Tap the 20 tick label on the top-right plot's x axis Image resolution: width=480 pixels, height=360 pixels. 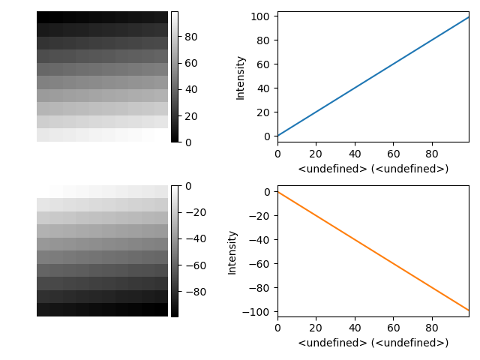[x=316, y=154]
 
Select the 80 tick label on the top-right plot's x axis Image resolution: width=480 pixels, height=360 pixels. [x=432, y=154]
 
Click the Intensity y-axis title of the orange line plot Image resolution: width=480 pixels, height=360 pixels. [x=232, y=251]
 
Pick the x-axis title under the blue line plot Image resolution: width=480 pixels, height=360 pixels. [x=373, y=169]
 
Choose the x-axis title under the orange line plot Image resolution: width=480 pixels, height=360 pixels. [x=373, y=343]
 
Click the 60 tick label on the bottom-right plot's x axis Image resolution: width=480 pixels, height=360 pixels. [x=393, y=328]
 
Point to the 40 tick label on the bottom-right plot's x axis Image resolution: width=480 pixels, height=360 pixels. [x=354, y=328]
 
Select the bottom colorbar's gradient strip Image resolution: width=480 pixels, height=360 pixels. [x=175, y=251]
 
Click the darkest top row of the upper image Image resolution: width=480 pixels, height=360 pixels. [x=102, y=17]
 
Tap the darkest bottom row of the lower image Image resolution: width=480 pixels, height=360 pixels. [x=102, y=310]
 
